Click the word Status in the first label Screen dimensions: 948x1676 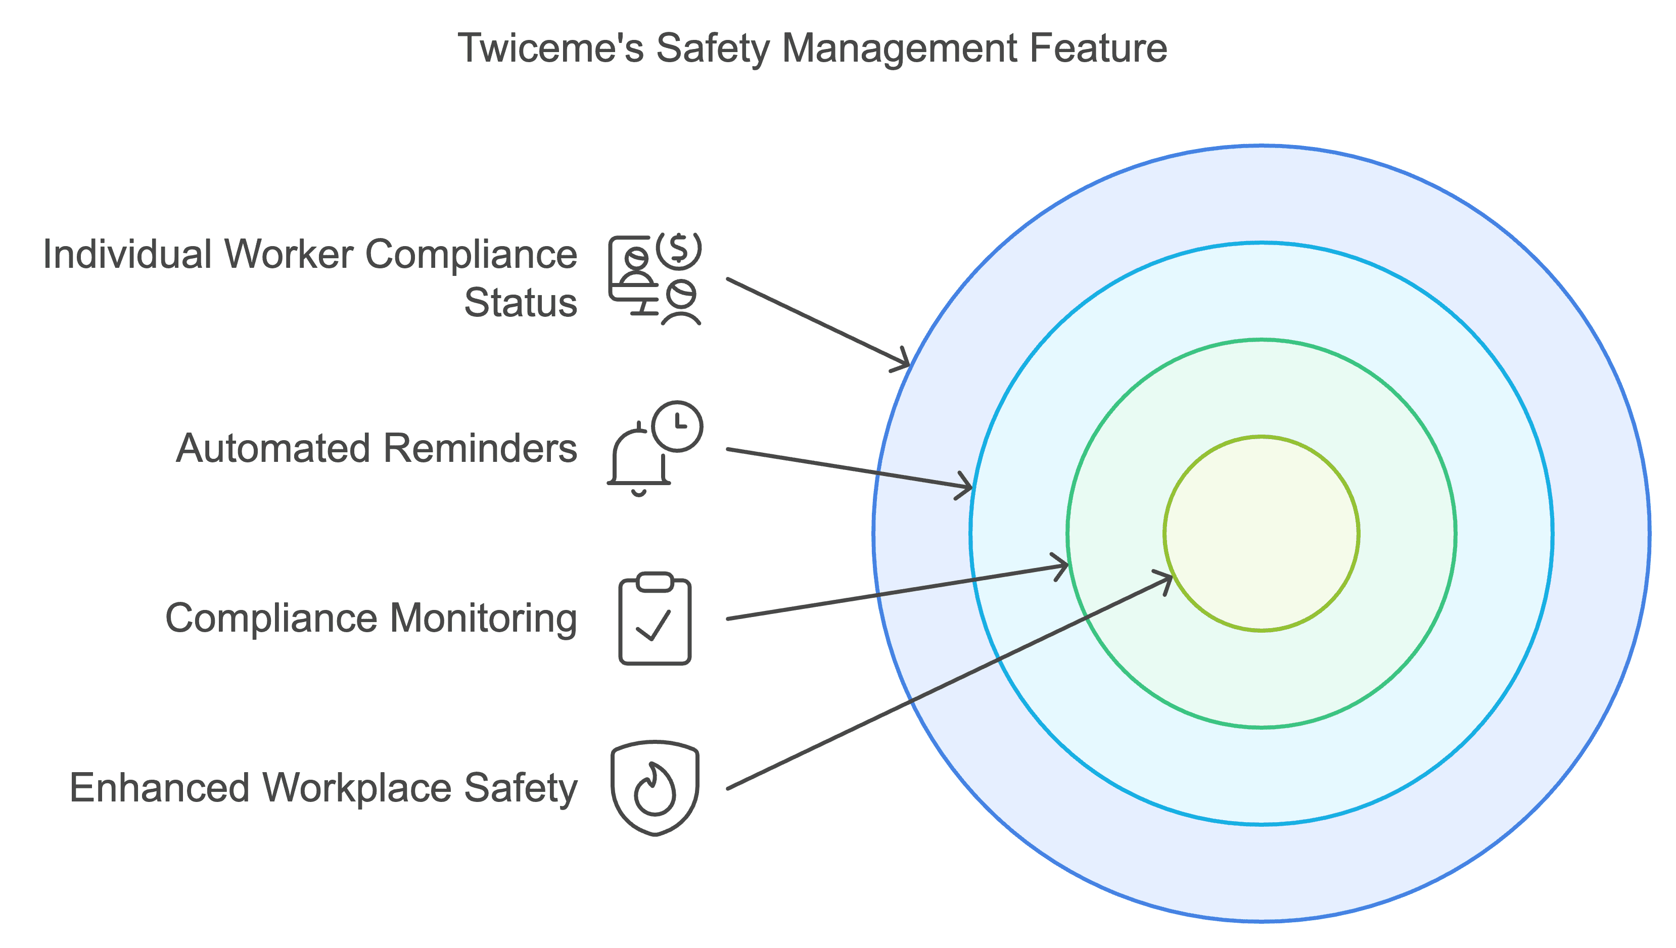(520, 303)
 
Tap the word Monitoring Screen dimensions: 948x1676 (483, 618)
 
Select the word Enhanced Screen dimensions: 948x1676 (160, 788)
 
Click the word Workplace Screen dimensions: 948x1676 (357, 788)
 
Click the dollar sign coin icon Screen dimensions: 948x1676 (678, 249)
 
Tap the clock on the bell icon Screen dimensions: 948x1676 (678, 426)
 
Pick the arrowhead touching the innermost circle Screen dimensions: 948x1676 (1166, 580)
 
